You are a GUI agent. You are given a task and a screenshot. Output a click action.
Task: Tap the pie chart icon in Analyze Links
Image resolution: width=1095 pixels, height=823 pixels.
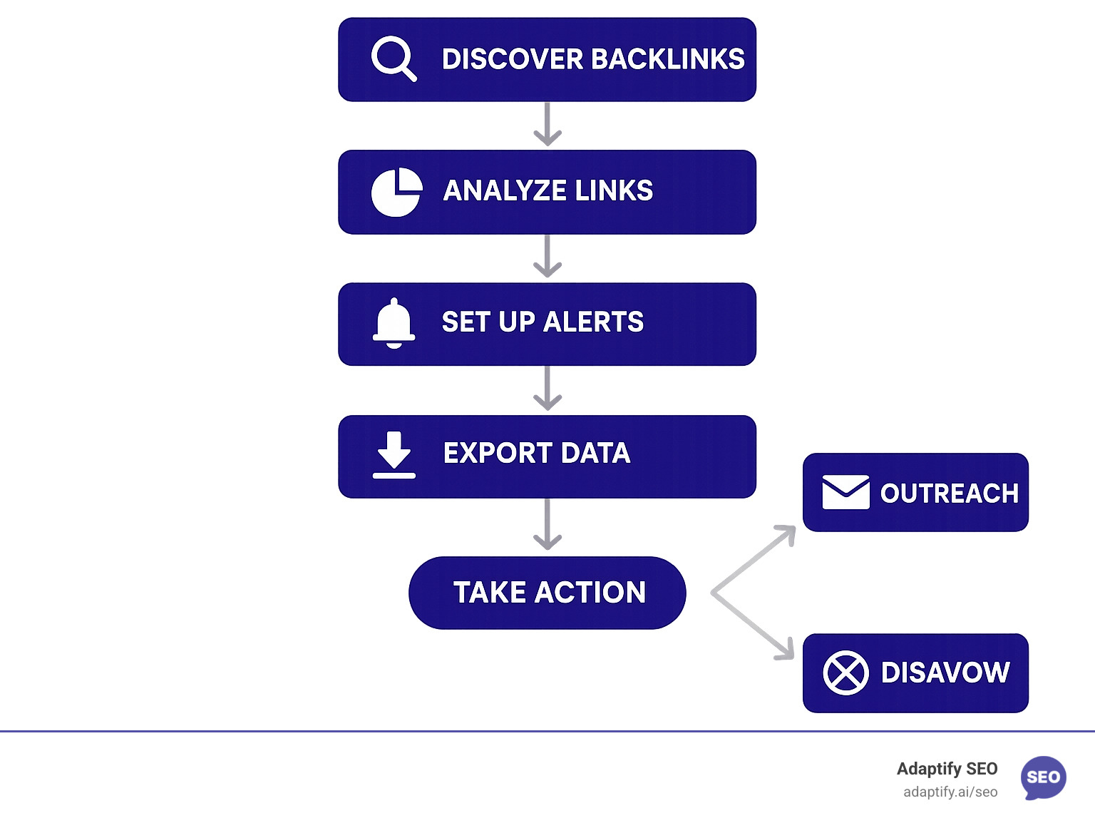click(396, 192)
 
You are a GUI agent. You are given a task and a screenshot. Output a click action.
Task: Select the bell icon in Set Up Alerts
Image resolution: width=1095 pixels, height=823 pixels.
click(394, 323)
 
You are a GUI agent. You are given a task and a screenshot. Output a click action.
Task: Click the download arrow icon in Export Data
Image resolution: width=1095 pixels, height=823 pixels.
click(394, 454)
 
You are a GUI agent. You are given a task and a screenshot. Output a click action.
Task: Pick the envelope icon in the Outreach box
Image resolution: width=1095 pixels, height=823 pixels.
click(845, 492)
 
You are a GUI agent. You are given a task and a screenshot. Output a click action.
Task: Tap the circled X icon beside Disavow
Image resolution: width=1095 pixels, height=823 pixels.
click(845, 673)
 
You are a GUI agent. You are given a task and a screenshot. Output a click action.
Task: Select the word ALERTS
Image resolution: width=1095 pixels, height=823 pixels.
click(593, 322)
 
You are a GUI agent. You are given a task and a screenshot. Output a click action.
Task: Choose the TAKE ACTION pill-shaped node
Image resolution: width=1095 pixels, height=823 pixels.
click(547, 593)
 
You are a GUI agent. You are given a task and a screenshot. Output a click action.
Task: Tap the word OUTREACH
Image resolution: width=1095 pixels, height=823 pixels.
click(949, 494)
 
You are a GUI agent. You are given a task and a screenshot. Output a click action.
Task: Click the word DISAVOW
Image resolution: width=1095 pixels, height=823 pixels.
click(945, 673)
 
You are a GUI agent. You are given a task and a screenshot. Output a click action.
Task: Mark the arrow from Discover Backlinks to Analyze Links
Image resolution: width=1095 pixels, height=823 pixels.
click(547, 125)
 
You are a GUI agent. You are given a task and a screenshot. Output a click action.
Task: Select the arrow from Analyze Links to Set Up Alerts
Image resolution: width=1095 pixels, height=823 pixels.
click(547, 257)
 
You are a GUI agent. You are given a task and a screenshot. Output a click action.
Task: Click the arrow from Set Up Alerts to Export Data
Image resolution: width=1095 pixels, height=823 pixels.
click(547, 389)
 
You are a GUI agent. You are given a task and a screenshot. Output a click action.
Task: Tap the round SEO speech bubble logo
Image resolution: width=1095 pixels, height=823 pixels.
click(1043, 777)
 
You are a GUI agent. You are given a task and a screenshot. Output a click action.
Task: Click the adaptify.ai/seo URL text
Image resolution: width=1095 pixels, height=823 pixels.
click(950, 792)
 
